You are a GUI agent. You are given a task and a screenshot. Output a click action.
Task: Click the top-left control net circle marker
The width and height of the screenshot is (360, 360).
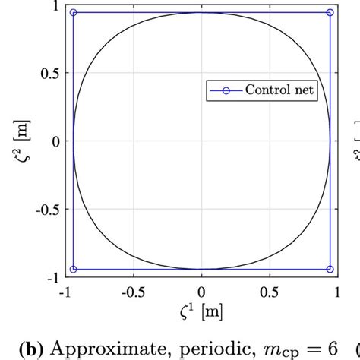point(73,13)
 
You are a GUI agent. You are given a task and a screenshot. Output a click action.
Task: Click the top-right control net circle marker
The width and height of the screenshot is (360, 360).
point(330,13)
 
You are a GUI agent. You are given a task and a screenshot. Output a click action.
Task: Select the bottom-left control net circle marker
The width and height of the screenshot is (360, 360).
point(73,269)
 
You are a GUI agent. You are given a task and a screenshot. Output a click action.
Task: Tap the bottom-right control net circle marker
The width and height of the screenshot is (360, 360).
point(330,269)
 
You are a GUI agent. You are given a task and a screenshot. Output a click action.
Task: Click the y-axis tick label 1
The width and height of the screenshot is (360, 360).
point(55,7)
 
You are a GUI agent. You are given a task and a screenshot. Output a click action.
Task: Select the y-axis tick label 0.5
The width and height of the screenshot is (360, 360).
point(48,74)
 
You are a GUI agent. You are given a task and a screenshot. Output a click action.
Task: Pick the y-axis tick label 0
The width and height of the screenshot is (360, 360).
point(55,141)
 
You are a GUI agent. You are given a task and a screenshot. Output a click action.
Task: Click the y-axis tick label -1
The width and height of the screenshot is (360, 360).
point(52,276)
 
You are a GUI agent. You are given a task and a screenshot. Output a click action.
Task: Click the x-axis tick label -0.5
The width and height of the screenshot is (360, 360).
point(132,292)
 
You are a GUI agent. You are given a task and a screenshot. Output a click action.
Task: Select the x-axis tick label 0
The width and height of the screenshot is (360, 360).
point(201,292)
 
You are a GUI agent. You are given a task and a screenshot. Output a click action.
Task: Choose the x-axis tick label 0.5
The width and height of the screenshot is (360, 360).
point(268,292)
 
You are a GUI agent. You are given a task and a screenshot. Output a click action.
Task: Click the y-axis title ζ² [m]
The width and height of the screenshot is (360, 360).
point(19,141)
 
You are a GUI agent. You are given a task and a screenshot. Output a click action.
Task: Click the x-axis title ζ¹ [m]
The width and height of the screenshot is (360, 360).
point(201,311)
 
